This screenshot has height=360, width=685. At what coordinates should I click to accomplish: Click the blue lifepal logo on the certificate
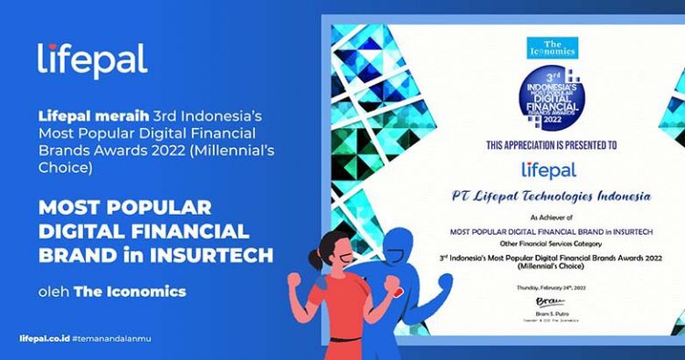tap(547, 170)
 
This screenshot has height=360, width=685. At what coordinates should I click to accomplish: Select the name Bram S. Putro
tap(546, 310)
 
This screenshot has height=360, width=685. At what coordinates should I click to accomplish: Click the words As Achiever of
tap(546, 221)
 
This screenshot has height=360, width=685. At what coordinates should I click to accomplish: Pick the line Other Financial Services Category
tap(546, 244)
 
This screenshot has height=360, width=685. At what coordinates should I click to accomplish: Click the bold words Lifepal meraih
tap(79, 118)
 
